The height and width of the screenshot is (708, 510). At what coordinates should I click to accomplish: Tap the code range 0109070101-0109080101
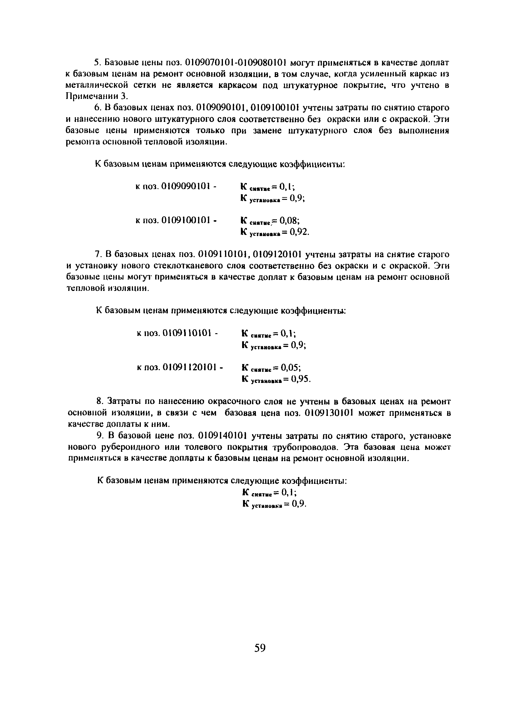[236, 63]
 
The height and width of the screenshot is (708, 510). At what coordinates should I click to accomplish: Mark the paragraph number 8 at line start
[99, 402]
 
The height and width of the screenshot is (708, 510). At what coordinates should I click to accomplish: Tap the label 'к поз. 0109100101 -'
[176, 221]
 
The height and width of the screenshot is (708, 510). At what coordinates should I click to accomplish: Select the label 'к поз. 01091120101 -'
[180, 367]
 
